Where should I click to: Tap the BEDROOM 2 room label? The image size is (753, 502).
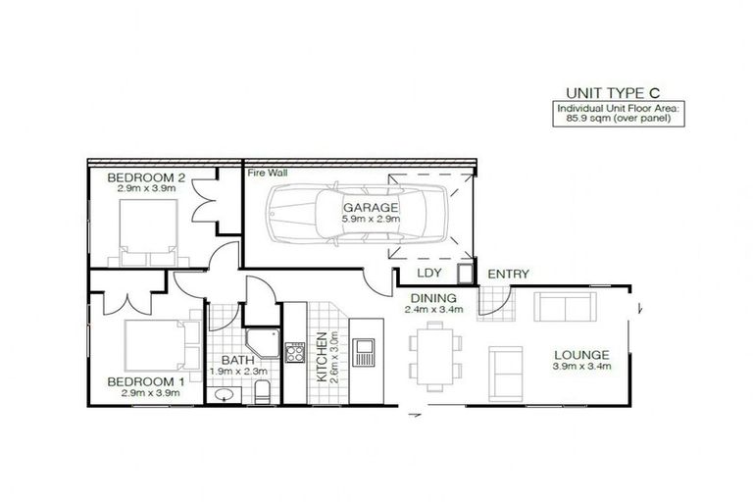coord(146,176)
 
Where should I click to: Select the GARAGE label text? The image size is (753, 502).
coord(370,208)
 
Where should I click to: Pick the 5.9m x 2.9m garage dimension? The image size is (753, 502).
coord(370,221)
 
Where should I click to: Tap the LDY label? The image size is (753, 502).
coord(428,274)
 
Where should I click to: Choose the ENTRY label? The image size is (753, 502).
coord(508,274)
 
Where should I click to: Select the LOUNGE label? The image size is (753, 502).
coord(581,354)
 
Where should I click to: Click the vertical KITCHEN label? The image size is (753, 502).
coord(322,355)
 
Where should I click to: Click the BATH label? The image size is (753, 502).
coord(231,361)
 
